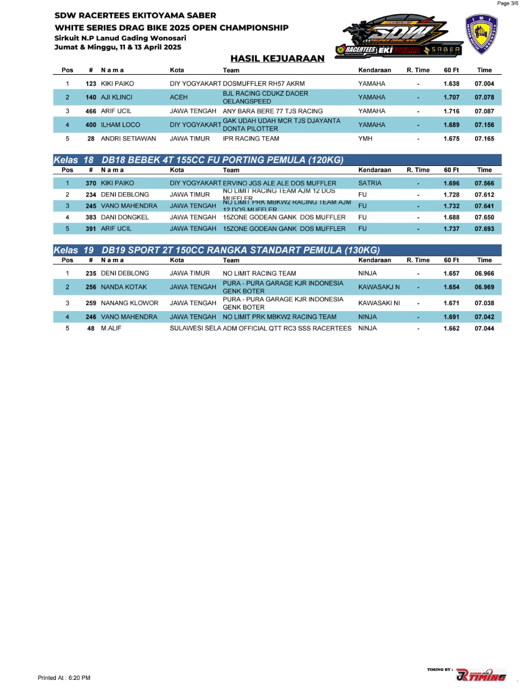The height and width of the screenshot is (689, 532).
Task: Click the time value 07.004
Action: click(484, 84)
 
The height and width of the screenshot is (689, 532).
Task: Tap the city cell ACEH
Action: click(179, 97)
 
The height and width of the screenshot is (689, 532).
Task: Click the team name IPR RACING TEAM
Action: click(251, 139)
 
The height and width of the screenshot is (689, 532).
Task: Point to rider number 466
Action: click(91, 111)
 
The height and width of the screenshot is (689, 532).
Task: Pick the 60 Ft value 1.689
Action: click(451, 125)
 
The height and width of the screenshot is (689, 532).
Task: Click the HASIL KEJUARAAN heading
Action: click(277, 59)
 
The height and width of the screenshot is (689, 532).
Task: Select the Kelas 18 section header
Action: click(198, 160)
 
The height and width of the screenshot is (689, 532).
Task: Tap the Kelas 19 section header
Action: click(216, 250)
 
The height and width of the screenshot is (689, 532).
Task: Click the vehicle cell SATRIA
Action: click(370, 184)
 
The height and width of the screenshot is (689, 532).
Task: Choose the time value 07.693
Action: click(484, 229)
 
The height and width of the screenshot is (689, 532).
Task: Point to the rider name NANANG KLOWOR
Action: click(130, 303)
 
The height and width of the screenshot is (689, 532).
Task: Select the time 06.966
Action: click(484, 273)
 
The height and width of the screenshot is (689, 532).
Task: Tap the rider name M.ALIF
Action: click(111, 328)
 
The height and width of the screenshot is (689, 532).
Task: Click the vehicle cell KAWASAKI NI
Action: click(379, 303)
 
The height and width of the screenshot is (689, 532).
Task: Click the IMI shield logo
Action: click(481, 34)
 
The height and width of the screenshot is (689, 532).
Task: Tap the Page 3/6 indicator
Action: click(507, 3)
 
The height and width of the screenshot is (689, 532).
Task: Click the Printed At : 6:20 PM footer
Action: click(64, 678)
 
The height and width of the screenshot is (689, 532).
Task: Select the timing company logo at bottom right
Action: click(480, 675)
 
